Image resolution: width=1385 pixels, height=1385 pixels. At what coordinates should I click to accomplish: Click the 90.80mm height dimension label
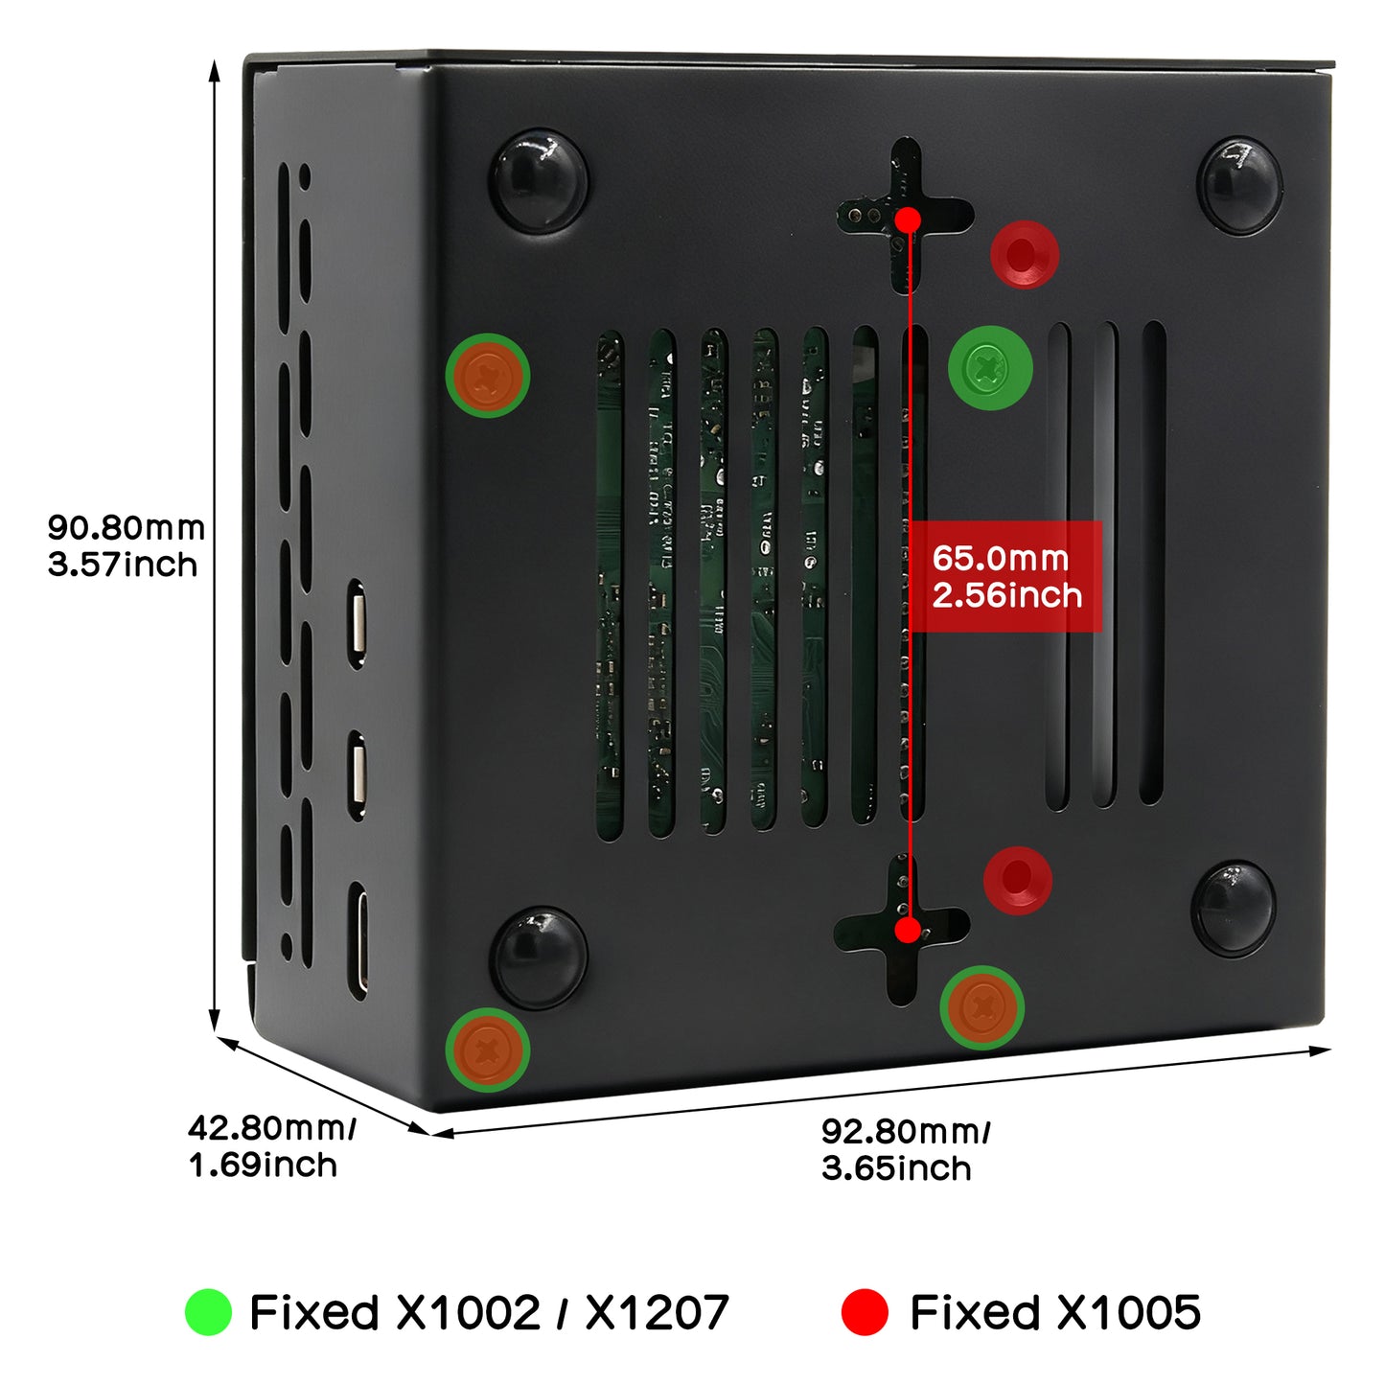[125, 545]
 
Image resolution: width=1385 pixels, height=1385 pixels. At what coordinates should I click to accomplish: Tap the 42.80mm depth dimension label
[271, 1145]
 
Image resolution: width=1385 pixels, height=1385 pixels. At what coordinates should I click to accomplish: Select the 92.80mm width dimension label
[905, 1149]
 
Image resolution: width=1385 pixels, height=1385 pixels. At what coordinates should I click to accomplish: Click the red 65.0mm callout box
[1005, 576]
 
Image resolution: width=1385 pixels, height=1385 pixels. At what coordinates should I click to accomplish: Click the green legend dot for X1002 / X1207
[208, 1312]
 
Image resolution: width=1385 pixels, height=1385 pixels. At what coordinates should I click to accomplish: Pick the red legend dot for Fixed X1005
[864, 1312]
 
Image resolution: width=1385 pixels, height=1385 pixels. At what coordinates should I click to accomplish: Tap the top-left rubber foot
[539, 180]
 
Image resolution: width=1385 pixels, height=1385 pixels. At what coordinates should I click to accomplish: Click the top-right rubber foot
[1240, 185]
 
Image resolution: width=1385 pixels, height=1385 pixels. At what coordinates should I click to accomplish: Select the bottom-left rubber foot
[539, 958]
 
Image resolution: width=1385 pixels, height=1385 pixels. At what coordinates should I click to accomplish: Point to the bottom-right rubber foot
[1234, 908]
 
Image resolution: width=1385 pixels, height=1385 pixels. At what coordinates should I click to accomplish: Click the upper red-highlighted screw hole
[1024, 255]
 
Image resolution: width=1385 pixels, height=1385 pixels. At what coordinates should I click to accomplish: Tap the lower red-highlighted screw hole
[1018, 879]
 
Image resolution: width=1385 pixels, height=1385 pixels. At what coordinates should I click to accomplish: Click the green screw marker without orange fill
[990, 367]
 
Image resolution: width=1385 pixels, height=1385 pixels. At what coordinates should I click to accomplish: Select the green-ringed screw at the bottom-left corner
[488, 1050]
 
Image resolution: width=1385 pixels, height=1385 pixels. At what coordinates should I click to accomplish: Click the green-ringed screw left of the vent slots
[488, 375]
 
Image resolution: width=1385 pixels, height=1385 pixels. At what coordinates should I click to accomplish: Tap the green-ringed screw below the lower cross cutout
[982, 1006]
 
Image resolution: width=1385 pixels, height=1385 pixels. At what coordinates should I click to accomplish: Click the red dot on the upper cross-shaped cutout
[908, 220]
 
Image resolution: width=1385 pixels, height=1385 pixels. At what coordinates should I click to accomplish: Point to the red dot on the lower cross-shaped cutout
[907, 929]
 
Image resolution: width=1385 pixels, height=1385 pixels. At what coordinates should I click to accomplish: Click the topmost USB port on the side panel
[358, 622]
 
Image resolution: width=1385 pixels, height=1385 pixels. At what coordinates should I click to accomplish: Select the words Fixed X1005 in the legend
[1054, 1312]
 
